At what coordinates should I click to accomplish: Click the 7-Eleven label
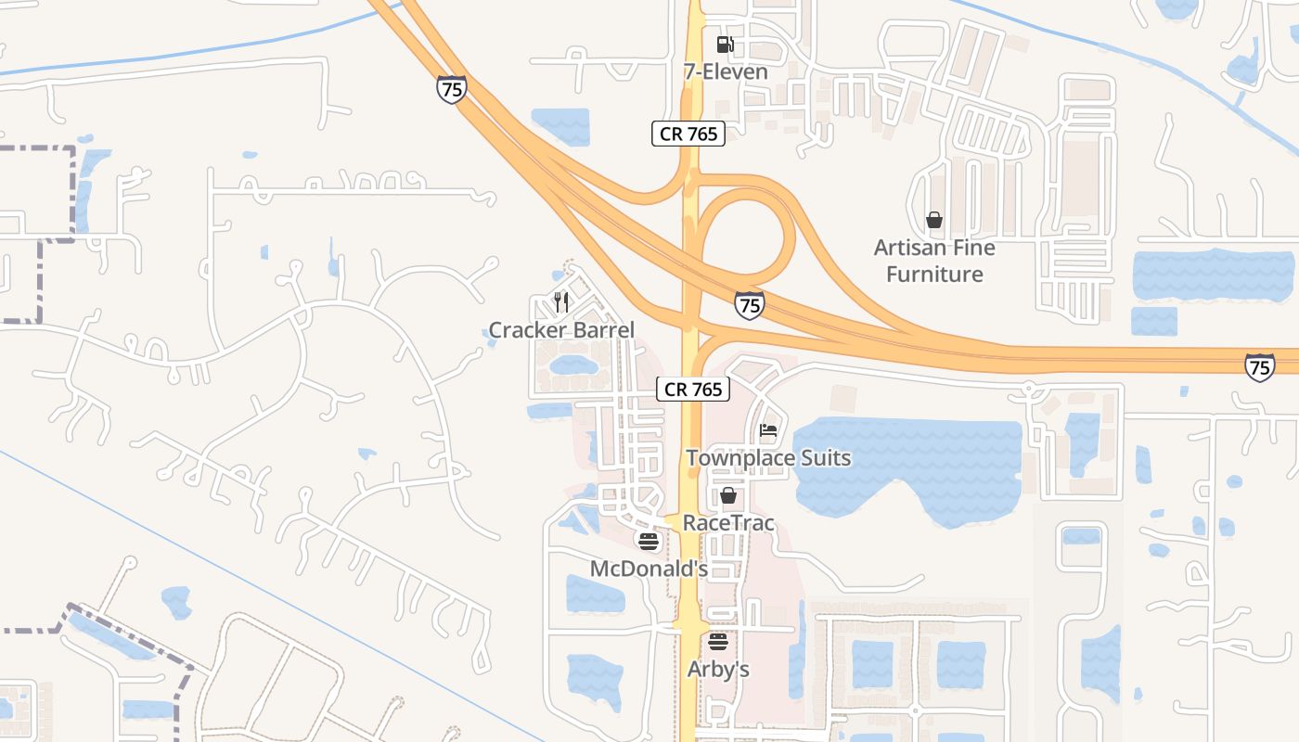726,71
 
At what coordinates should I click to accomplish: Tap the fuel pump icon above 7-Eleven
725,44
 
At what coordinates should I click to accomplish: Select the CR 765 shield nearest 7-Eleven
688,134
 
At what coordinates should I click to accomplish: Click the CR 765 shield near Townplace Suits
694,390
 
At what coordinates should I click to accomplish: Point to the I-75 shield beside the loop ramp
749,304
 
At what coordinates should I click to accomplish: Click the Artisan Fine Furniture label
934,261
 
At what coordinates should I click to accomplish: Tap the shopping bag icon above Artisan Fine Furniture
934,220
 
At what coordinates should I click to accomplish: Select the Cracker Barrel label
561,330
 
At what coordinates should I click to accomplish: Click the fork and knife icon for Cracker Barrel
560,301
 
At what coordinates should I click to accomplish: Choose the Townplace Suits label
768,458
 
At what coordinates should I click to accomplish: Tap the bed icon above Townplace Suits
768,430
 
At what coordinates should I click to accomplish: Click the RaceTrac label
728,523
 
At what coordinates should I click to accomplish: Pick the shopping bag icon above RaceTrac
728,495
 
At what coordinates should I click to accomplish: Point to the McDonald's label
649,568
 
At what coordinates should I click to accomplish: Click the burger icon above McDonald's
649,541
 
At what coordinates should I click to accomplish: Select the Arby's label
718,669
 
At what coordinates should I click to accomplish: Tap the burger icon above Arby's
718,641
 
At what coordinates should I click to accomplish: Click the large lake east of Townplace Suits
909,464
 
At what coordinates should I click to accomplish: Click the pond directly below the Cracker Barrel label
573,365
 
